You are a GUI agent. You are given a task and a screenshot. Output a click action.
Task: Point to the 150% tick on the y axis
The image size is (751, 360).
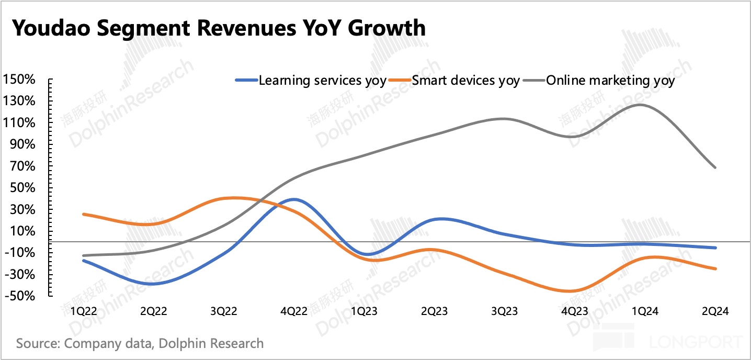click(19, 80)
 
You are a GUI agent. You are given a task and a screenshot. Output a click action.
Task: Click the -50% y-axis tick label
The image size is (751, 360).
click(19, 296)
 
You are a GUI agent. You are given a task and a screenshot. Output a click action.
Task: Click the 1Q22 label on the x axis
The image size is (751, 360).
click(83, 311)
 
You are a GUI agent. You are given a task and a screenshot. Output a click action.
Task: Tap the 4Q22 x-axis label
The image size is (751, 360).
click(294, 311)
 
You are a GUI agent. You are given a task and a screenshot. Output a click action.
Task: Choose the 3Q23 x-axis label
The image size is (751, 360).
click(504, 311)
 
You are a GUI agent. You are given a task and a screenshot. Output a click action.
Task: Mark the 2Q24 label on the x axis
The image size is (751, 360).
click(715, 311)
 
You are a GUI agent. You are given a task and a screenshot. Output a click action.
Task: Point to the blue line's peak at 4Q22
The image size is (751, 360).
click(294, 199)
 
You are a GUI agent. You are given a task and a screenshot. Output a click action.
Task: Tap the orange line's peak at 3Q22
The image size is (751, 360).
click(230, 198)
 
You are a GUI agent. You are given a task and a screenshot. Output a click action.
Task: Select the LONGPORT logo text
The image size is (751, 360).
click(695, 342)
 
